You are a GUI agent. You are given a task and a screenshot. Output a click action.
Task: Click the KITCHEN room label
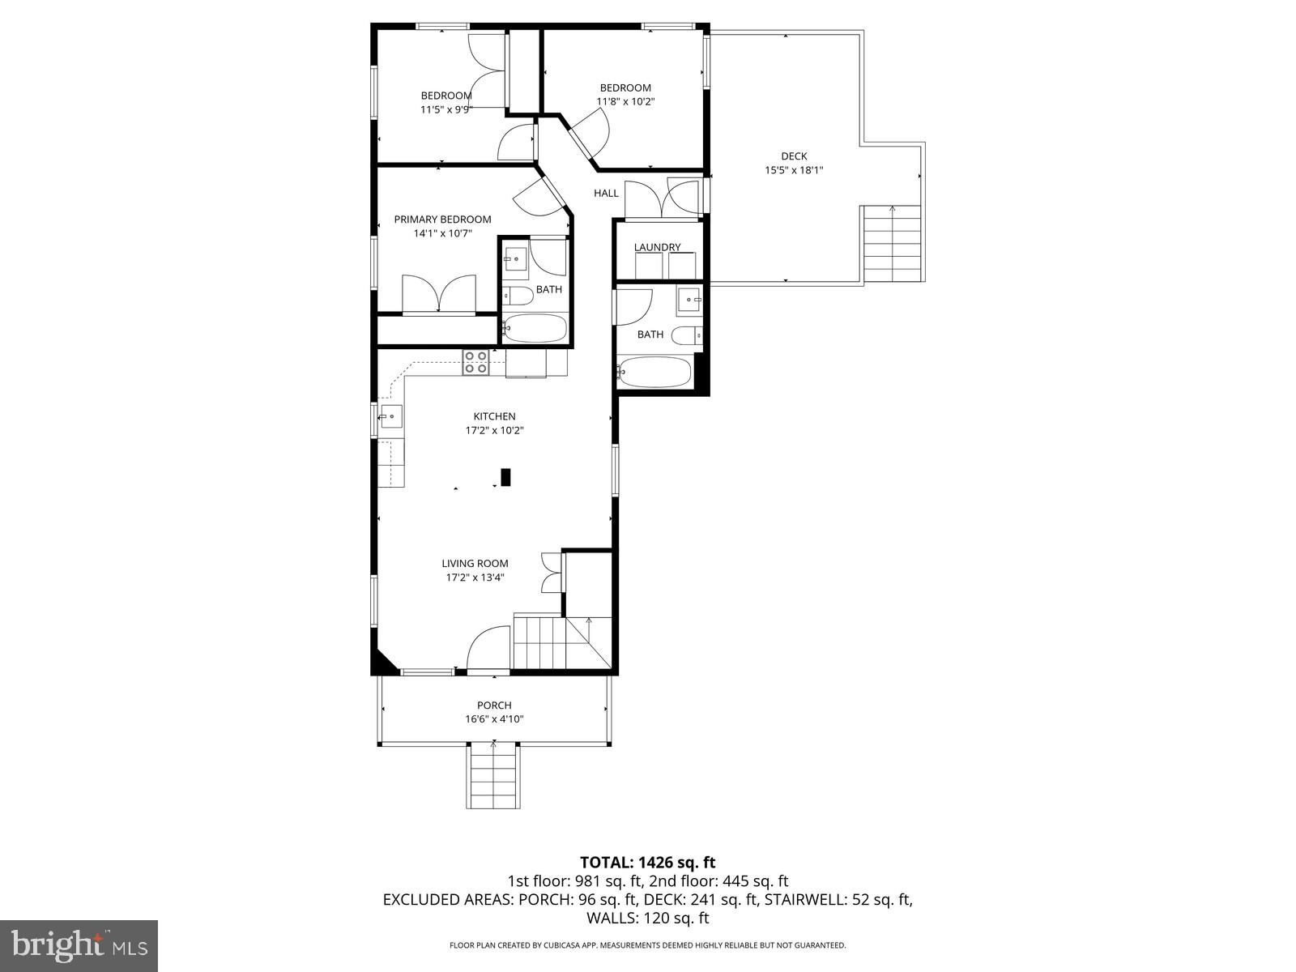click(494, 416)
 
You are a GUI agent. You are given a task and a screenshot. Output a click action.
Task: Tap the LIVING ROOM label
click(475, 563)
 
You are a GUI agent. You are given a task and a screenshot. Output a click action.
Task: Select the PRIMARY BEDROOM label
click(442, 220)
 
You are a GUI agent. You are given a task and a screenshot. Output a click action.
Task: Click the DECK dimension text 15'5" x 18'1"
click(794, 170)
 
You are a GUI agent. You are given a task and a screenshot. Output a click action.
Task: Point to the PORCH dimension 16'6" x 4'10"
click(494, 719)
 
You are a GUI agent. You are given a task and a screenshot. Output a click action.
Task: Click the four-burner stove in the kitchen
click(475, 362)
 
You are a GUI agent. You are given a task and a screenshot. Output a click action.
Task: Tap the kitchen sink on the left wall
click(390, 417)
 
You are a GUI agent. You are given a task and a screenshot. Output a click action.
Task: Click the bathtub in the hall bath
click(654, 373)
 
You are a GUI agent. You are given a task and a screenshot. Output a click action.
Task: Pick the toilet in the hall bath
click(688, 335)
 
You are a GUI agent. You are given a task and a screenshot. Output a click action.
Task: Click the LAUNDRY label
click(657, 247)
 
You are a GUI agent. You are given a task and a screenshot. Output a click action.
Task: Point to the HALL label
click(606, 193)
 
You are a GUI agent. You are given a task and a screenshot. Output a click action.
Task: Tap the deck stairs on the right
click(893, 243)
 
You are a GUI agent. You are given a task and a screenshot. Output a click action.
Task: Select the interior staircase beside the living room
click(551, 642)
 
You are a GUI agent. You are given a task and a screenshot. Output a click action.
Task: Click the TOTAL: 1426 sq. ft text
click(647, 863)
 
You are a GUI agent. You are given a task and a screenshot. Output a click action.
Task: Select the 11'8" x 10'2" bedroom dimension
click(625, 102)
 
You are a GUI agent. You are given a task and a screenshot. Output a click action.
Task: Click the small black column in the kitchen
click(506, 477)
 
